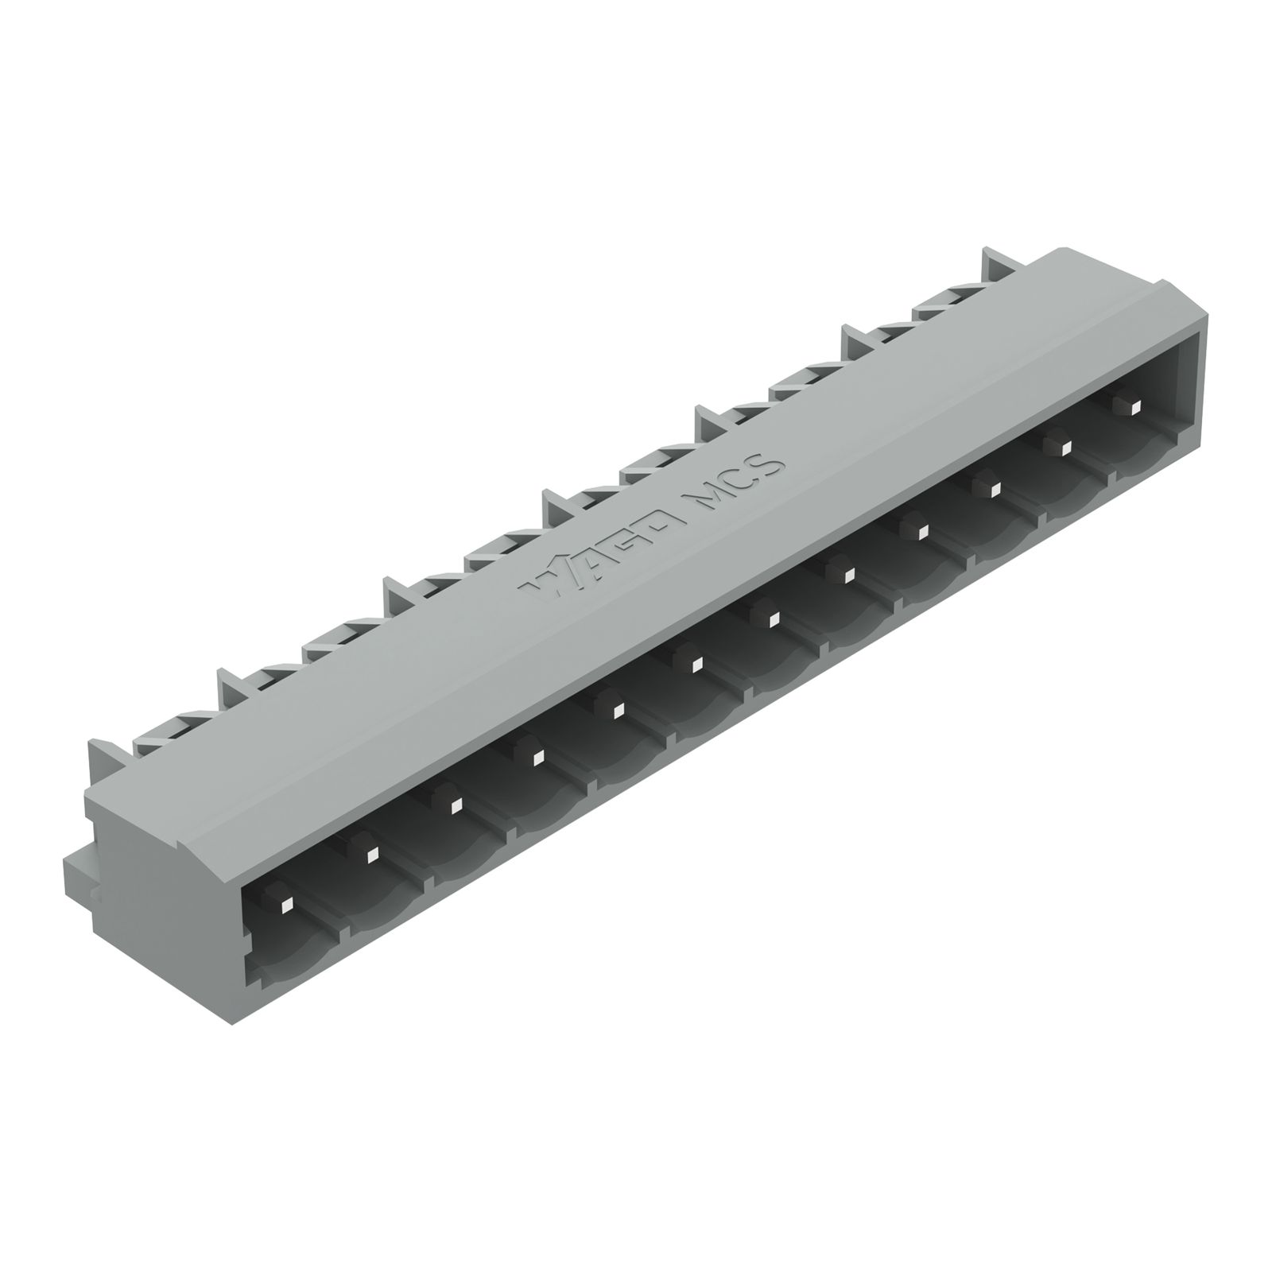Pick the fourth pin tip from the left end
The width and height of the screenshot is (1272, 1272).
click(x=535, y=756)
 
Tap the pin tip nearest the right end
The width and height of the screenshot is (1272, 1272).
click(x=1132, y=408)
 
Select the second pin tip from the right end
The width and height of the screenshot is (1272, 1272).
click(x=1064, y=448)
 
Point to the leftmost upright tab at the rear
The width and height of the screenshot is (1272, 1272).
click(x=103, y=755)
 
